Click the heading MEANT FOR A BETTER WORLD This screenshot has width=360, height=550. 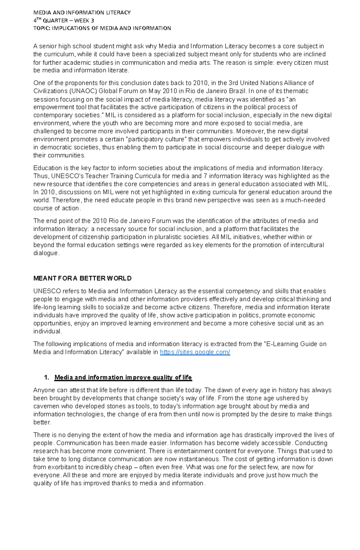point(82,278)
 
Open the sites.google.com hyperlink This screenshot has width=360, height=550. point(195,352)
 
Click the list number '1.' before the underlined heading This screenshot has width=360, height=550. point(46,378)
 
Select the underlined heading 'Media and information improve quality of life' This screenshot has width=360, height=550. point(123,378)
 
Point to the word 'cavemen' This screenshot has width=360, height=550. point(46,406)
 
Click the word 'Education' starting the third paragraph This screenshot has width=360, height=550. point(46,168)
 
